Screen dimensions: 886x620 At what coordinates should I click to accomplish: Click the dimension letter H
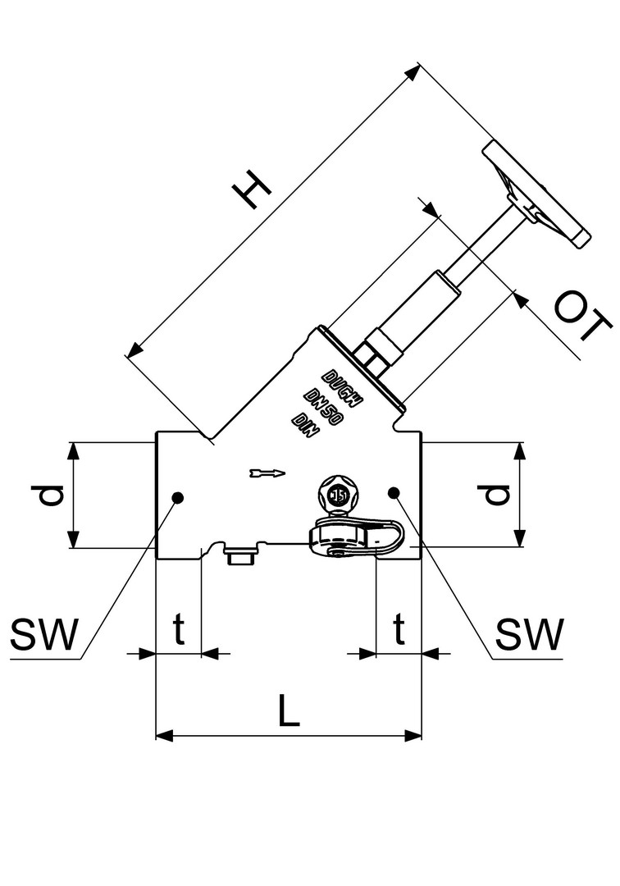[x=252, y=194]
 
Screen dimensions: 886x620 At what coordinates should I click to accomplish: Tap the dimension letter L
[x=288, y=710]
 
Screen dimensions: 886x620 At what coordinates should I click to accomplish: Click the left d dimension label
[x=52, y=496]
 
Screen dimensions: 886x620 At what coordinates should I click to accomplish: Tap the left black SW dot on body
[x=177, y=496]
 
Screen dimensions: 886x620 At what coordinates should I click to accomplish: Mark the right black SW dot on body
[x=394, y=492]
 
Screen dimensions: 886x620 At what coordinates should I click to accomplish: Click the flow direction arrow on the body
[x=266, y=473]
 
